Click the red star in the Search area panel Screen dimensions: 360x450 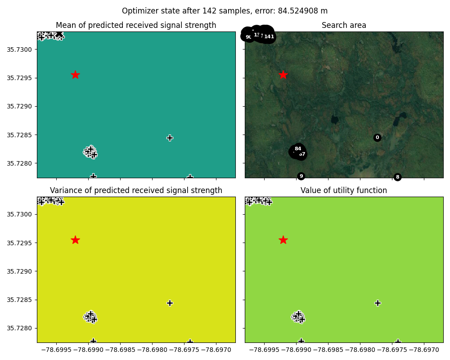point(283,75)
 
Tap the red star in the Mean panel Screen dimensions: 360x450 point(75,75)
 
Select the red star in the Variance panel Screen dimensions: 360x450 point(75,240)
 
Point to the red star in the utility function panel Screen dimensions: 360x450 point(283,240)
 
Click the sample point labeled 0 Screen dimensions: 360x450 point(377,138)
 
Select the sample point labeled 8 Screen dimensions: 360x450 point(397,177)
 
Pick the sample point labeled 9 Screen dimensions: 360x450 point(301,176)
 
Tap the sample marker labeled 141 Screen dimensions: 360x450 point(269,36)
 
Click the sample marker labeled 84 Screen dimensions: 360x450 point(297,148)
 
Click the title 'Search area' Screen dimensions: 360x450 point(344,26)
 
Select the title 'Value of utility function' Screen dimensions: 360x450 point(344,190)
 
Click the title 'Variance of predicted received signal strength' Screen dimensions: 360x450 point(136,190)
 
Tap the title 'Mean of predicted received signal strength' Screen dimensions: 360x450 point(136,26)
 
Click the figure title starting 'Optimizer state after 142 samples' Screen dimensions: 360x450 point(225,11)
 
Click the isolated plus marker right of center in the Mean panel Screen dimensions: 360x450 point(170,138)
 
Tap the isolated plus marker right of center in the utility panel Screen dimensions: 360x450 point(378,303)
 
